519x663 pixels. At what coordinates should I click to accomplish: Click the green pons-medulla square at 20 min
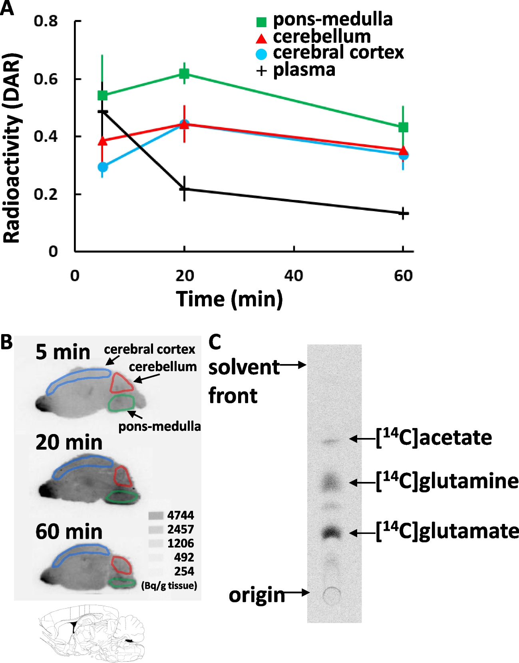click(184, 74)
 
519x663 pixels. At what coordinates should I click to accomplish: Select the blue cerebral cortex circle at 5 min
click(103, 167)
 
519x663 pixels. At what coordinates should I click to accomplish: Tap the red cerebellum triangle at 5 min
click(103, 141)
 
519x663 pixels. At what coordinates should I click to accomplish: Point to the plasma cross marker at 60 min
click(403, 213)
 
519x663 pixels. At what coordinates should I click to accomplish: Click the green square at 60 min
click(403, 127)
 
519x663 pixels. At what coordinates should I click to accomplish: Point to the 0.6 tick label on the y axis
click(46, 79)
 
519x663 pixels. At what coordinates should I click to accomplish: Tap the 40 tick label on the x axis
click(294, 275)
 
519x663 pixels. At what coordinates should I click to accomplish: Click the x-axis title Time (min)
click(229, 299)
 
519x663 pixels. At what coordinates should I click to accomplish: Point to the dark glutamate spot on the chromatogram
click(331, 532)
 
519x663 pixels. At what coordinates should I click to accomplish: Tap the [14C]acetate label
click(434, 438)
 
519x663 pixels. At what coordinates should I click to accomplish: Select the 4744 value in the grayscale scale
click(181, 515)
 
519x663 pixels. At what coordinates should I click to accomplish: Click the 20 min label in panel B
click(69, 442)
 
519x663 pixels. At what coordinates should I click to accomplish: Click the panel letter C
click(215, 342)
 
